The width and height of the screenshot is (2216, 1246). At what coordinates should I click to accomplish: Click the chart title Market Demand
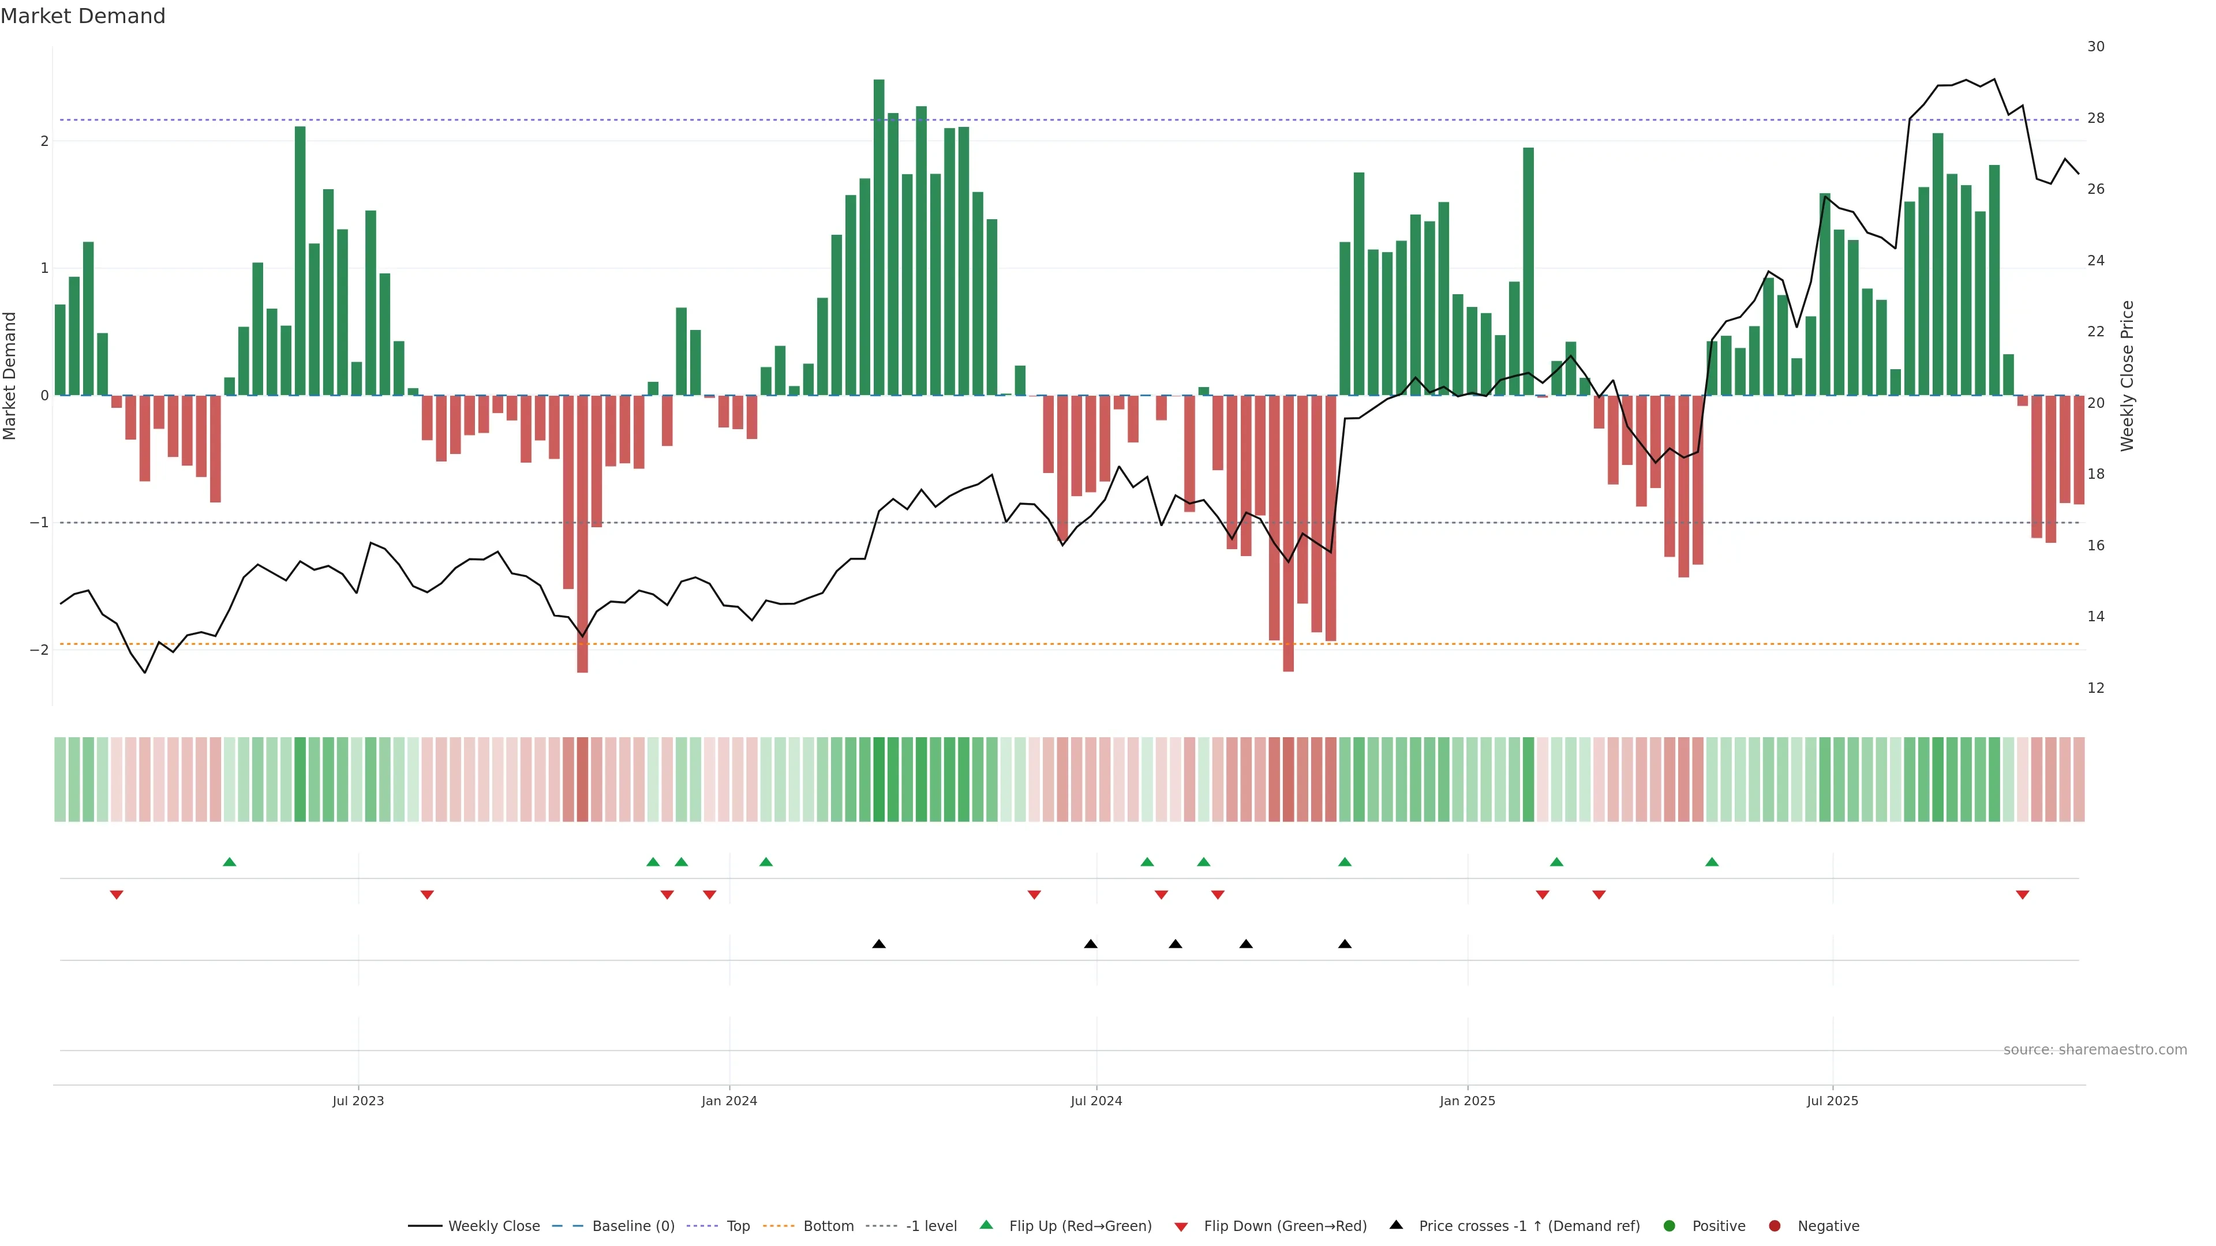[83, 16]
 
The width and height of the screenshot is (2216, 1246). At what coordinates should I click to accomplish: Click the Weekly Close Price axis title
[2127, 376]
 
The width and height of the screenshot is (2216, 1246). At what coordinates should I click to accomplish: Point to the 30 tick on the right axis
[2095, 46]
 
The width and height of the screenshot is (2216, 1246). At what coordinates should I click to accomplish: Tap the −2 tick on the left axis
[39, 650]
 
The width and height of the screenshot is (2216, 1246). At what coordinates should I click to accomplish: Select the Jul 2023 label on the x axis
[358, 1101]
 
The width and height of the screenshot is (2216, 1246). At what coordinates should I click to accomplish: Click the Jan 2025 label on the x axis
[1467, 1101]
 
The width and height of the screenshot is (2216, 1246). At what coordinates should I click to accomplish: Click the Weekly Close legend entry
[493, 1226]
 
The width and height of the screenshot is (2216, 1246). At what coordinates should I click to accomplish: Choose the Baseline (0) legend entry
[632, 1226]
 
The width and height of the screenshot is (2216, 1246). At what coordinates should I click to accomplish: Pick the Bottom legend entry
[828, 1226]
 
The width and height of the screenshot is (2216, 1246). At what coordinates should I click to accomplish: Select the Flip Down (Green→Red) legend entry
[1285, 1226]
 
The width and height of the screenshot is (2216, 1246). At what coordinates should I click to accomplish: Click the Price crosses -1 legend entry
[1528, 1226]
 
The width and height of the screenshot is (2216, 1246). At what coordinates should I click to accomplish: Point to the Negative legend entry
[1827, 1226]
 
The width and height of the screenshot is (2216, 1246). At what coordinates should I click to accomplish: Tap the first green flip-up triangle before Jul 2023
[229, 862]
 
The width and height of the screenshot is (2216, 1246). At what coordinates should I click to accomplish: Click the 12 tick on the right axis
[2095, 688]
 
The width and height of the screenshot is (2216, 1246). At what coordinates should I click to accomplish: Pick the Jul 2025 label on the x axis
[1832, 1101]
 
